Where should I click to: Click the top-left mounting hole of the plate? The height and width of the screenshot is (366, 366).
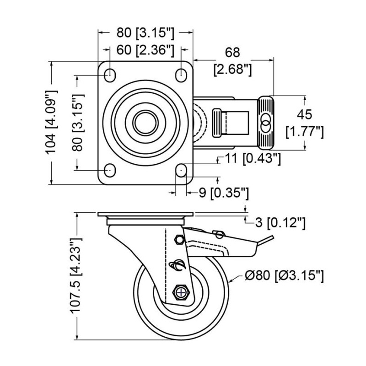coord(110,75)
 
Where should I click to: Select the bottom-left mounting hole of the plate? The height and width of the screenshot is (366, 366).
coord(110,170)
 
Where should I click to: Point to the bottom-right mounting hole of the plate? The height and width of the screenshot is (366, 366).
coord(181,170)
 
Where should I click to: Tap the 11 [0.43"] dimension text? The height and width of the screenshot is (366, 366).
coord(251,158)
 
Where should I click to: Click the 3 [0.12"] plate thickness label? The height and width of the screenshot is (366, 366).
coord(280,223)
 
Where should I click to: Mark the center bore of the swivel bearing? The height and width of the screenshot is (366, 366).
coord(146,123)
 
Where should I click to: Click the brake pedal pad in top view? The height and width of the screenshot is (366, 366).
coord(266,123)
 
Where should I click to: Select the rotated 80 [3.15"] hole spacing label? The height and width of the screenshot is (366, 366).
coord(79,123)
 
